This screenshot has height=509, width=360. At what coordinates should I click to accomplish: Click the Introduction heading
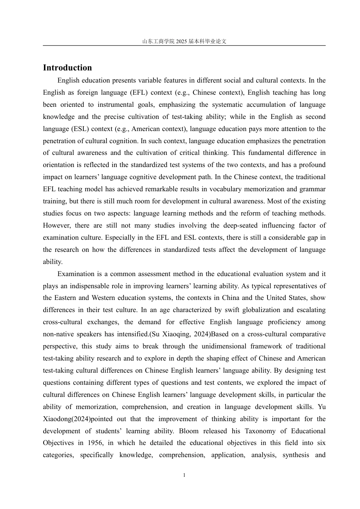pyautogui.click(x=67, y=68)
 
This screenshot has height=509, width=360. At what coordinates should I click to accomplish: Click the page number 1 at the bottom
pyautogui.click(x=184, y=475)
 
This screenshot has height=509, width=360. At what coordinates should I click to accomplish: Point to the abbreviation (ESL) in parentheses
pyautogui.click(x=81, y=129)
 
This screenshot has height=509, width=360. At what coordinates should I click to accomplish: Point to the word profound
pyautogui.click(x=313, y=165)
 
